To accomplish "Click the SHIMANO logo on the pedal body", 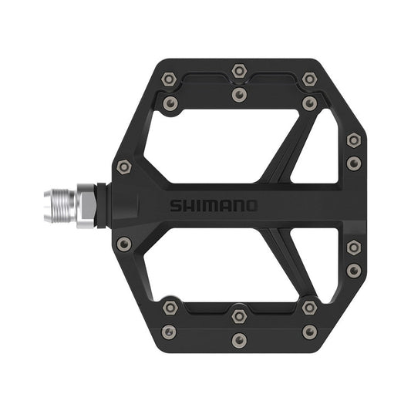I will (x=214, y=206).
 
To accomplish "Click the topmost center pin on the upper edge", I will (x=239, y=71).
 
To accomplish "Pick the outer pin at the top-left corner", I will (x=169, y=79).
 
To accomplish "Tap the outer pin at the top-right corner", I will (x=309, y=79).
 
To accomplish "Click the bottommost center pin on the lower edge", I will (x=239, y=340).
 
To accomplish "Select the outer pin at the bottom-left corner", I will (x=169, y=332).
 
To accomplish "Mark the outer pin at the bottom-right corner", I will (x=309, y=332).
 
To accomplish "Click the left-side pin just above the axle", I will (x=124, y=167).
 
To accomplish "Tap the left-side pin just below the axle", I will (x=124, y=244).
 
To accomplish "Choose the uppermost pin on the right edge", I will (x=353, y=140).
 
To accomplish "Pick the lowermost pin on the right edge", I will (x=353, y=271).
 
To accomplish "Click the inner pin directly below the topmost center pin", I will (x=239, y=95).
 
